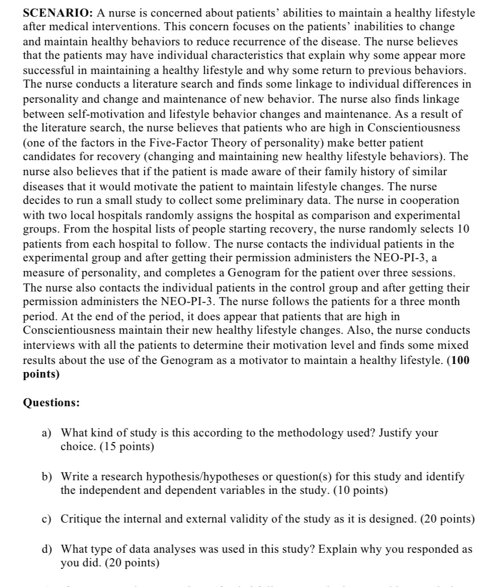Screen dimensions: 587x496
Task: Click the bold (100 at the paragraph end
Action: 458,360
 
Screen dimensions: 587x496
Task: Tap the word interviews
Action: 49,345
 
